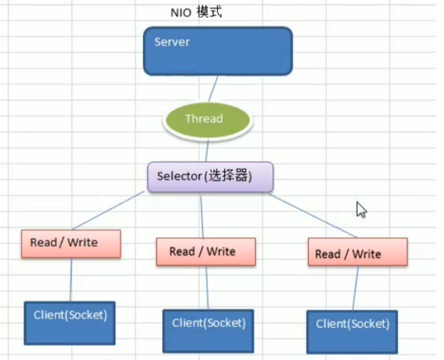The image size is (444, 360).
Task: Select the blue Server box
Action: (217, 51)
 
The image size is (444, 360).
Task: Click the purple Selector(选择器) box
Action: (210, 176)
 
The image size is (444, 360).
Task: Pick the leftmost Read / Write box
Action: (70, 244)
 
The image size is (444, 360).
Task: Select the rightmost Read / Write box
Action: (357, 253)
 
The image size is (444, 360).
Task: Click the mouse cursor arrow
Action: (361, 209)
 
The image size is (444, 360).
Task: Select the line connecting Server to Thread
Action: (212, 89)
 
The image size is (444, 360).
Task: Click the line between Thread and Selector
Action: (207, 150)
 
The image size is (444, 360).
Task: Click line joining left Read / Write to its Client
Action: (71, 279)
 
